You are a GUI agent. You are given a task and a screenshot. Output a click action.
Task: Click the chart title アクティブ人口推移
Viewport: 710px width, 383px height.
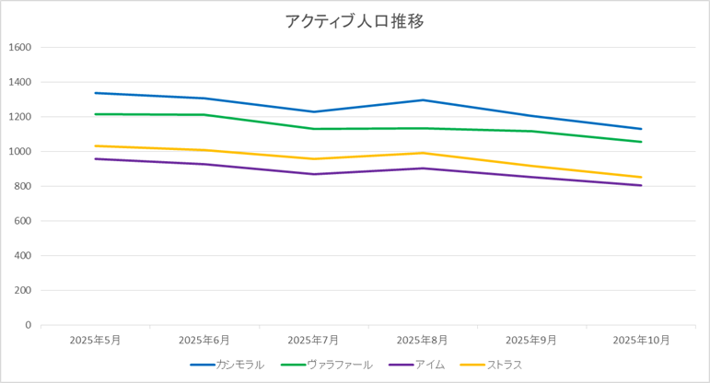coord(355,21)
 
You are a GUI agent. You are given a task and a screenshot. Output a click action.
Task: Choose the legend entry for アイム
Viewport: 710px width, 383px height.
coord(430,365)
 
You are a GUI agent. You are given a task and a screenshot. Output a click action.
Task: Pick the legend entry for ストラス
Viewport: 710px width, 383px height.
coord(504,365)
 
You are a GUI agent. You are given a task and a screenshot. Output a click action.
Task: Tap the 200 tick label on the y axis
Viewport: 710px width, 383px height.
coord(23,290)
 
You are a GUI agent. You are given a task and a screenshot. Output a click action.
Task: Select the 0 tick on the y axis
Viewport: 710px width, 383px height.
coord(28,325)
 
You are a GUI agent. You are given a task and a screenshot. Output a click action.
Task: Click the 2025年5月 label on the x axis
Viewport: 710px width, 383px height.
coord(95,340)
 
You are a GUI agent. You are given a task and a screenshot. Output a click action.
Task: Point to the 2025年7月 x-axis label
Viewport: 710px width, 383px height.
coord(313,340)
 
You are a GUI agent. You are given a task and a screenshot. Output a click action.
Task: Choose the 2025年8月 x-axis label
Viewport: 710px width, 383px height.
coord(423,340)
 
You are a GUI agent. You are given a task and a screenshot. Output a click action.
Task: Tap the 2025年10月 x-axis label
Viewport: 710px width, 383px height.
coord(641,340)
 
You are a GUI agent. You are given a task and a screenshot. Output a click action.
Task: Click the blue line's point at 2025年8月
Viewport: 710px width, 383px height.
coord(423,100)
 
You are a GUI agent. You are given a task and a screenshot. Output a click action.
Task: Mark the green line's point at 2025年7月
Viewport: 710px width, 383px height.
coord(313,129)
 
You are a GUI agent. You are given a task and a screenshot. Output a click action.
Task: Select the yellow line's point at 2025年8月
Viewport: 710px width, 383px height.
coord(423,153)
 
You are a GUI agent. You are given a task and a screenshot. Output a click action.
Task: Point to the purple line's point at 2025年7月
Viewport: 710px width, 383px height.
coord(313,174)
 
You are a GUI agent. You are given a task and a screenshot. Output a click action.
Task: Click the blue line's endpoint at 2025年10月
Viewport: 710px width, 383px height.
coord(641,129)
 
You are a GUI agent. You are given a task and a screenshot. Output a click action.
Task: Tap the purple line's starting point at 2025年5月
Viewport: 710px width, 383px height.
coord(95,158)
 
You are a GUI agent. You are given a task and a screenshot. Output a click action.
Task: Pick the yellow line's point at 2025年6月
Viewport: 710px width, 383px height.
coord(204,150)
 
